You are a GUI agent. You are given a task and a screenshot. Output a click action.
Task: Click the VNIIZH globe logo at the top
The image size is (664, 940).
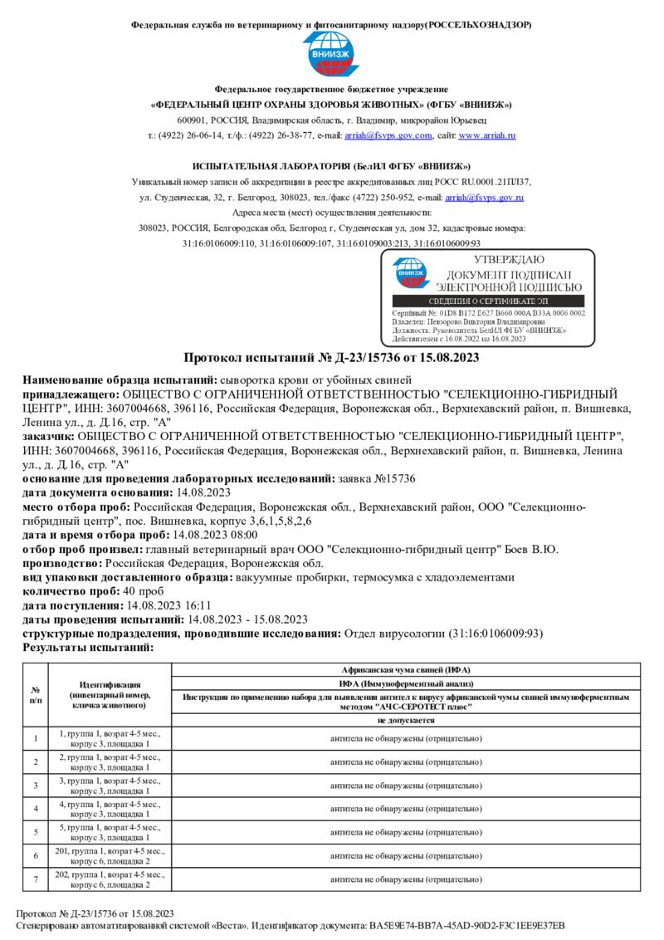(331, 54)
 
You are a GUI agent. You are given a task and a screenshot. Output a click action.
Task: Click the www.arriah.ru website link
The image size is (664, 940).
(487, 135)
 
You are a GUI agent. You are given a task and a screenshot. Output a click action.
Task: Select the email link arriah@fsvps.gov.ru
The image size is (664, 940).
(484, 198)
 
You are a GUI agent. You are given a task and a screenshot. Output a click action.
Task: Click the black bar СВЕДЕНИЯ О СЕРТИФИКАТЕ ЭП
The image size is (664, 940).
(488, 301)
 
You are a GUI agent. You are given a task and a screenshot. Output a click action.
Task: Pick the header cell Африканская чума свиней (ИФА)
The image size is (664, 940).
(406, 669)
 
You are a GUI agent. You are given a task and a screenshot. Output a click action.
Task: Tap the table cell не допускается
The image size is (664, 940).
(406, 721)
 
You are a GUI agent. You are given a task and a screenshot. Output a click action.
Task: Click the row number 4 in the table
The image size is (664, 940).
(36, 808)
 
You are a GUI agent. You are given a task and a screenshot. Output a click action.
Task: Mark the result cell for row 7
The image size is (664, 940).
(406, 879)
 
